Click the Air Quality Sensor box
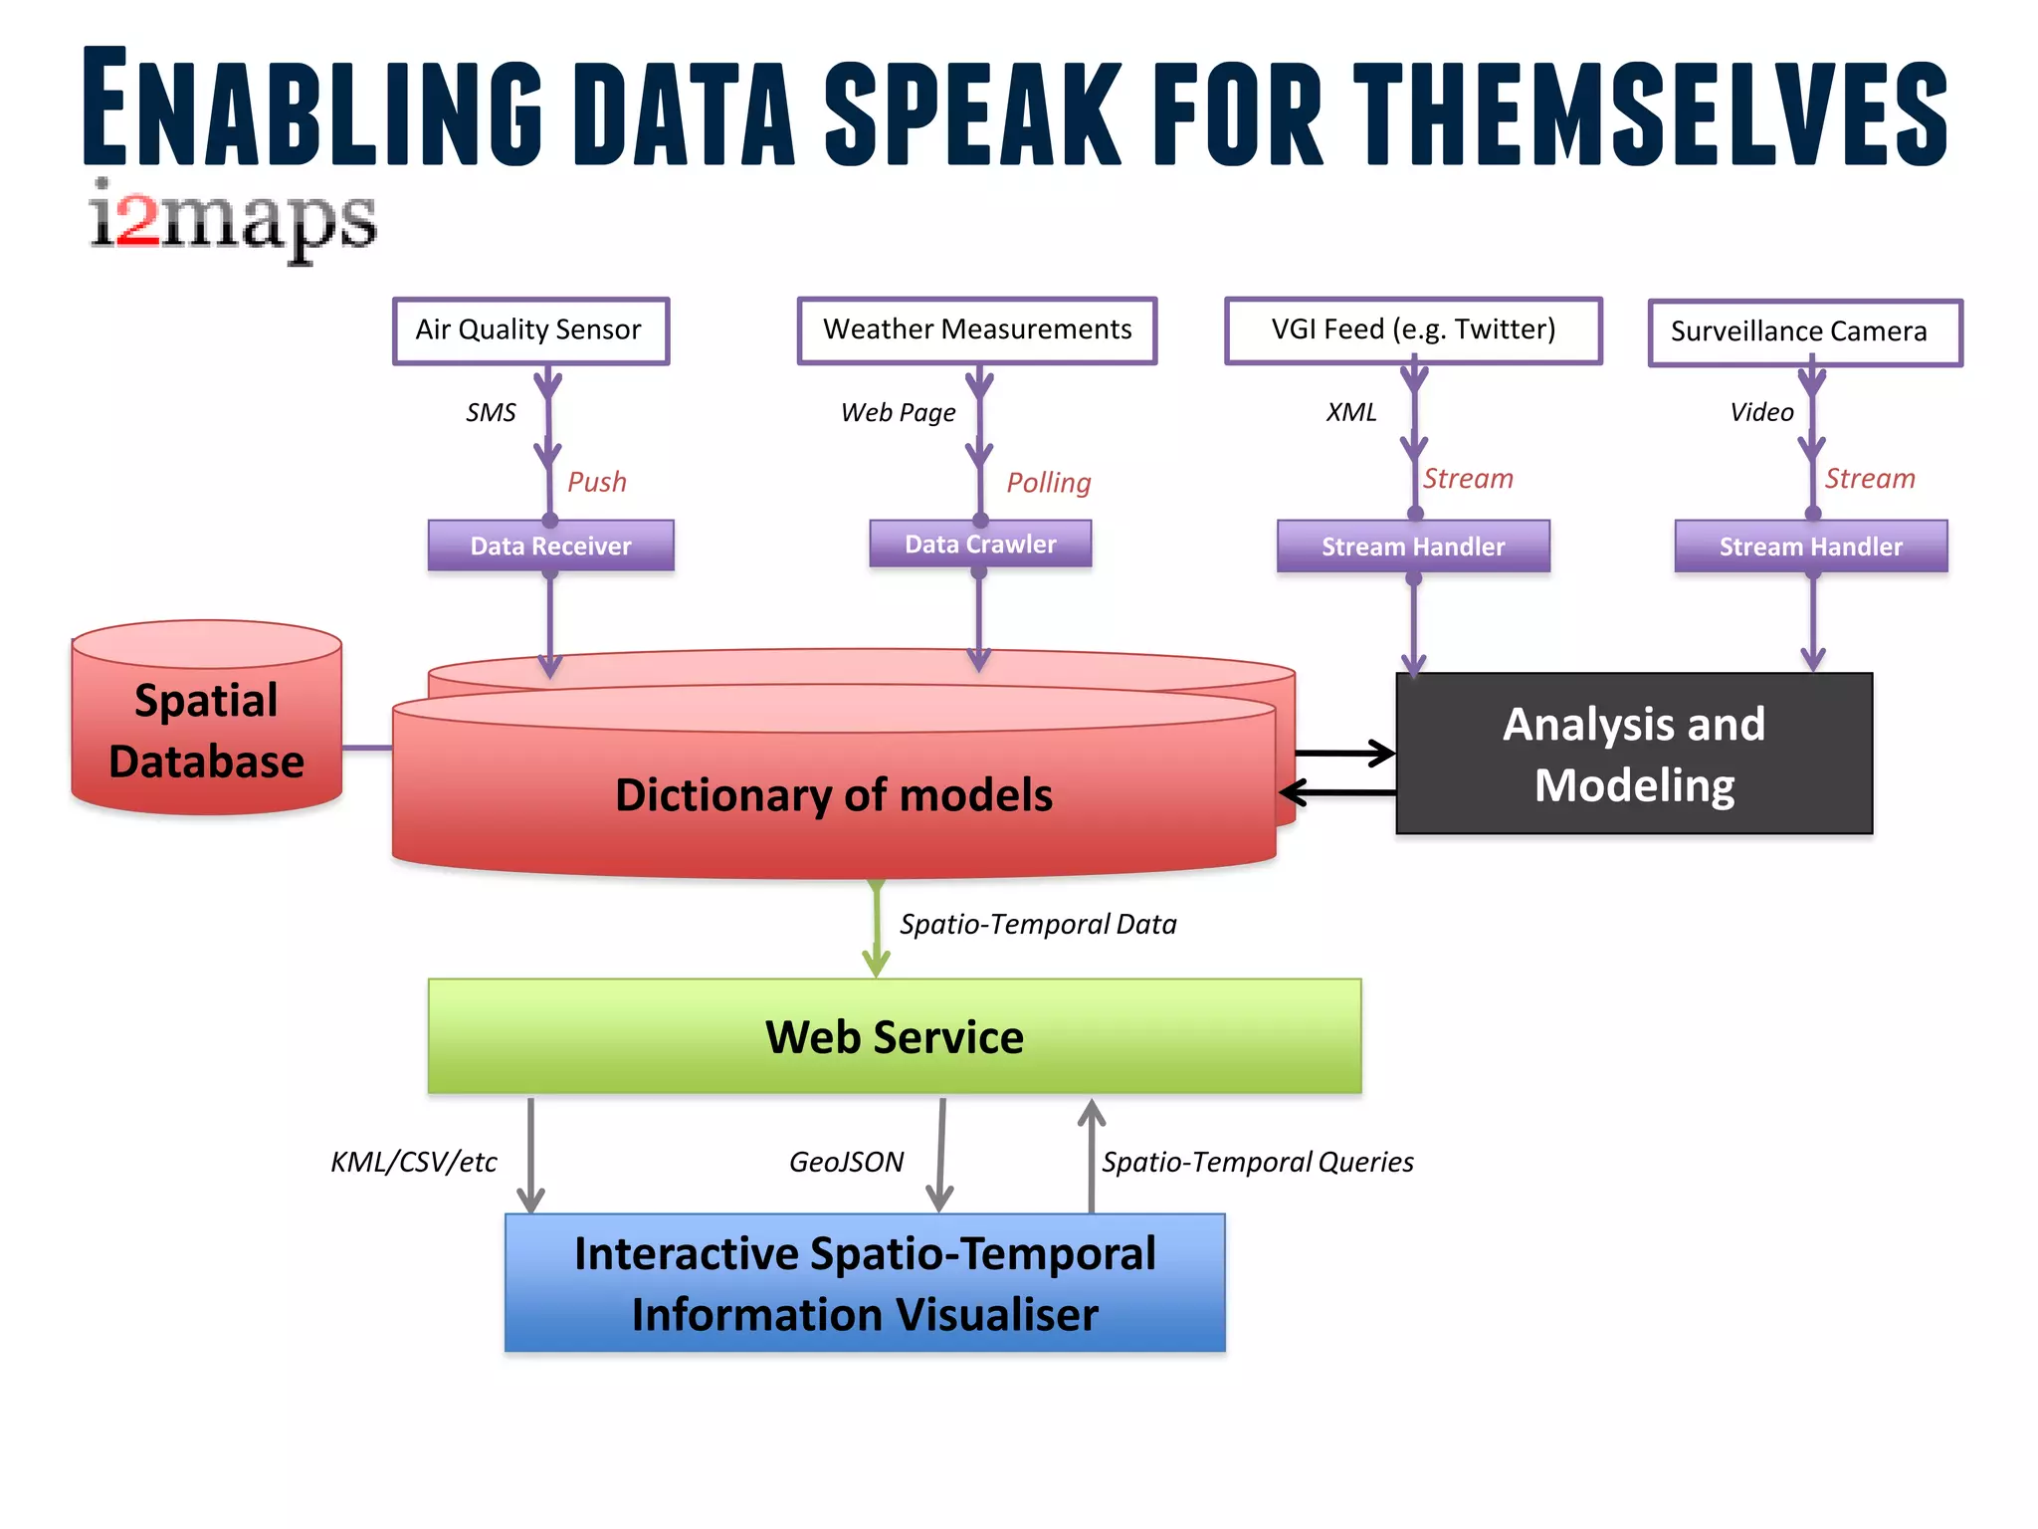point(530,330)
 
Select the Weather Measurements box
point(976,330)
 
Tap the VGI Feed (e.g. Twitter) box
point(1412,330)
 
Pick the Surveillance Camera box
point(1804,332)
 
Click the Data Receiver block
point(550,546)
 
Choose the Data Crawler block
point(980,544)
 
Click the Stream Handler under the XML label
point(1413,546)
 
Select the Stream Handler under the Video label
point(1810,546)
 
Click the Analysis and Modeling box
point(1634,754)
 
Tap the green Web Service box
point(894,1036)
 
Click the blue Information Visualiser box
point(864,1282)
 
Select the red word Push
point(596,482)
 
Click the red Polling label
point(1048,483)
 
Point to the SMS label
point(491,412)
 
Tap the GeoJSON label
point(846,1162)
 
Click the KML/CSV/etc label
point(413,1162)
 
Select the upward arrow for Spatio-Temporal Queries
point(1092,1155)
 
